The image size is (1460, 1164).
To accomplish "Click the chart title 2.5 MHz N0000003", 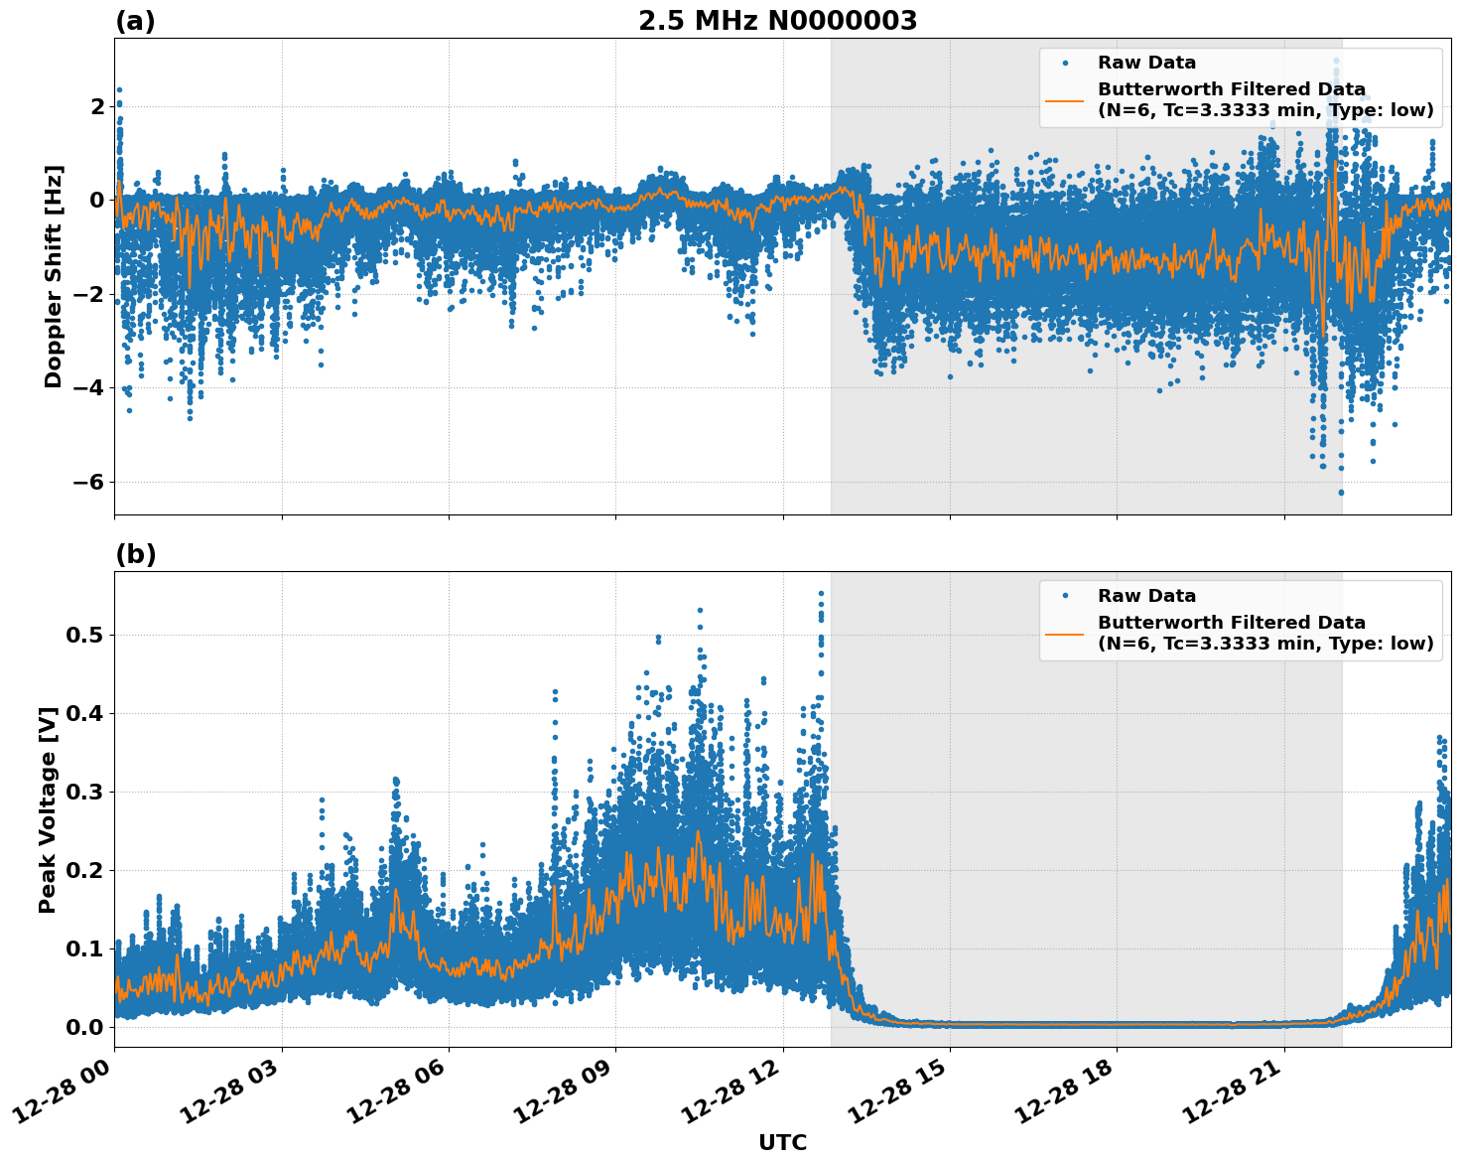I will point(777,21).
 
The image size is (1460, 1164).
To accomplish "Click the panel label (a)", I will point(135,21).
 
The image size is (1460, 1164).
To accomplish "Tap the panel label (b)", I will point(135,554).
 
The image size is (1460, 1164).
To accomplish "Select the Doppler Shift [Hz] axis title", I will point(54,276).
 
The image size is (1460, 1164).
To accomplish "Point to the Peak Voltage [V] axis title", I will point(48,809).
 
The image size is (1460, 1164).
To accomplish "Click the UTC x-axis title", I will point(782,1142).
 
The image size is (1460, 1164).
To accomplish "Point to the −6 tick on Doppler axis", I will point(89,482).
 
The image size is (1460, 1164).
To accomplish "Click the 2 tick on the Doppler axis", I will point(97,106).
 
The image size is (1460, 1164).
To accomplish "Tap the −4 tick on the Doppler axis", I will point(89,388).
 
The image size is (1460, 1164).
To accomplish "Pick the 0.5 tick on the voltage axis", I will point(84,635).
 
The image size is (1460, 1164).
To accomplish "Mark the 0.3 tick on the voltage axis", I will point(84,792).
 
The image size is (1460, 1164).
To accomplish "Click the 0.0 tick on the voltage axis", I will point(84,1027).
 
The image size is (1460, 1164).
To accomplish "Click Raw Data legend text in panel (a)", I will point(1146,63).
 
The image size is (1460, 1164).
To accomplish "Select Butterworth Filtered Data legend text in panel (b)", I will point(1231,623).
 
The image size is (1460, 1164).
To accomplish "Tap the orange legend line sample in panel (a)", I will point(1065,99).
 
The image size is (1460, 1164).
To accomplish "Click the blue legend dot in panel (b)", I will point(1065,596).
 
